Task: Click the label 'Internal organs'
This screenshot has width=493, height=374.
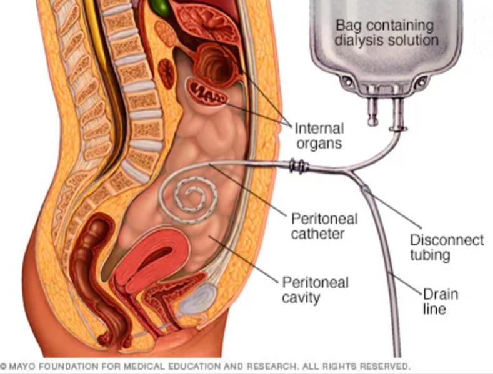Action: point(319,135)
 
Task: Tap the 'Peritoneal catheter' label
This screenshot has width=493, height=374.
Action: point(324,226)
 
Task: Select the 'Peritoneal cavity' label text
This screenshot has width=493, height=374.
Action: point(316,290)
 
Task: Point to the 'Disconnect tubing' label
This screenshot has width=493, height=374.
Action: point(447,247)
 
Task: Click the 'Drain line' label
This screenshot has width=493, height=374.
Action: point(440,302)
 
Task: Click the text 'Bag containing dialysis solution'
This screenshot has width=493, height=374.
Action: point(386,32)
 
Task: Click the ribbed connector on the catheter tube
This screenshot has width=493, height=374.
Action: point(299,165)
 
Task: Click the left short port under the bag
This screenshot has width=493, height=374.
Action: point(372,112)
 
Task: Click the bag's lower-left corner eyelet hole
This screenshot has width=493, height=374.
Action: point(347,81)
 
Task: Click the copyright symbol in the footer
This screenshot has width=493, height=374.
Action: point(4,366)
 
